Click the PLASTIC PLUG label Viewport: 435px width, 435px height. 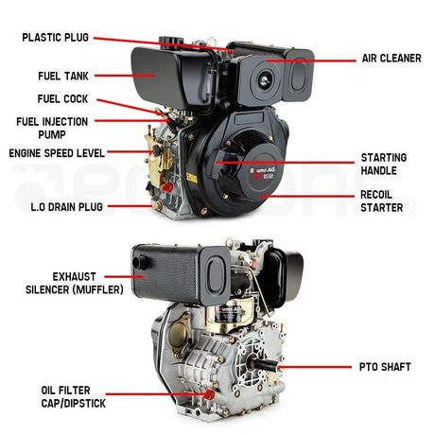pyautogui.click(x=55, y=38)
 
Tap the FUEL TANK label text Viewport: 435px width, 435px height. pyautogui.click(x=63, y=76)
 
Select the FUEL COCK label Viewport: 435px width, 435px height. pyautogui.click(x=62, y=99)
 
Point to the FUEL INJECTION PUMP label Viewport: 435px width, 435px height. pyautogui.click(x=52, y=128)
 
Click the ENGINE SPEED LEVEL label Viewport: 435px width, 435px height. pyautogui.click(x=57, y=153)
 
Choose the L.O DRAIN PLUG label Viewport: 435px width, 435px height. pyautogui.click(x=66, y=207)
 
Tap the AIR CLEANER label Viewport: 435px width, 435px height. pyautogui.click(x=391, y=59)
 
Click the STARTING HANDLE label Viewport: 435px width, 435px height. pyautogui.click(x=384, y=164)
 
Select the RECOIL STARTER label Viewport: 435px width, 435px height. pyautogui.click(x=381, y=201)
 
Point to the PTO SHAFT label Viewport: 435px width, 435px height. pyautogui.click(x=385, y=367)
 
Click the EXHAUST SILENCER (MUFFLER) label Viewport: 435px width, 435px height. pyautogui.click(x=75, y=283)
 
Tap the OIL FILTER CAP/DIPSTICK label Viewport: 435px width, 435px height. pyautogui.click(x=73, y=396)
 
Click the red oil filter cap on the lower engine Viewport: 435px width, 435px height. pyautogui.click(x=209, y=394)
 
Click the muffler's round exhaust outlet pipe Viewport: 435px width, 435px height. pyautogui.click(x=140, y=262)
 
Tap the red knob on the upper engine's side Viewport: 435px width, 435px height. pyautogui.click(x=166, y=187)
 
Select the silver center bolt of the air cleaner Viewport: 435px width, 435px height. pyautogui.click(x=264, y=80)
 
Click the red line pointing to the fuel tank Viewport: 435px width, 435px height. pyautogui.click(x=125, y=76)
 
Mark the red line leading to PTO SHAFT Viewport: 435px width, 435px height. pyautogui.click(x=315, y=367)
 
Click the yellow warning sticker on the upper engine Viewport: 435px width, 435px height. pyautogui.click(x=192, y=178)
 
